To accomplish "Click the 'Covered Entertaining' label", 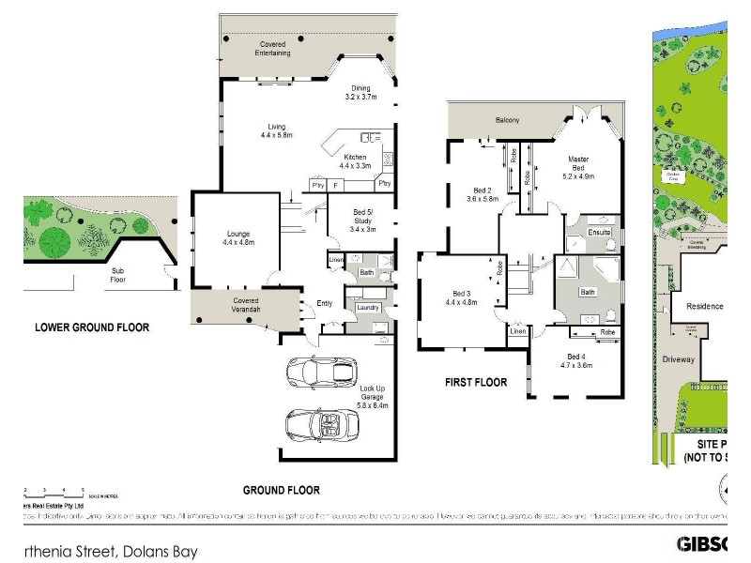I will pyautogui.click(x=273, y=49).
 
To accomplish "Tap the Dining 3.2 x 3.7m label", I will pyautogui.click(x=360, y=93).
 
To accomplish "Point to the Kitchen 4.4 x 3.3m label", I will pyautogui.click(x=355, y=161).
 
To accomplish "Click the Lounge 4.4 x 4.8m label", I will pyautogui.click(x=238, y=238).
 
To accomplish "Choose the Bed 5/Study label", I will pyautogui.click(x=362, y=220).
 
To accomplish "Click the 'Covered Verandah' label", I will pyautogui.click(x=246, y=306).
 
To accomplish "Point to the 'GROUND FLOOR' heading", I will pyautogui.click(x=281, y=490).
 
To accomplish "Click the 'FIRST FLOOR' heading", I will pyautogui.click(x=475, y=382).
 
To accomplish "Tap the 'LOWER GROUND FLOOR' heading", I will pyautogui.click(x=92, y=327).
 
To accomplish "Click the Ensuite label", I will pyautogui.click(x=599, y=232).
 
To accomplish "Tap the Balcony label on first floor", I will pyautogui.click(x=508, y=121).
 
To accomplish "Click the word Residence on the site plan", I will pyautogui.click(x=704, y=306).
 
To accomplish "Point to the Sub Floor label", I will pyautogui.click(x=118, y=274).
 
